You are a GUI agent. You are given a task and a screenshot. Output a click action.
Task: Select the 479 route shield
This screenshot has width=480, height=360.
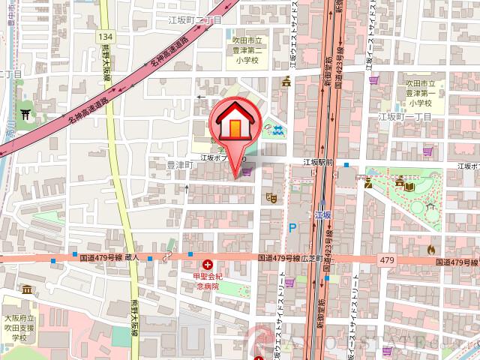386,259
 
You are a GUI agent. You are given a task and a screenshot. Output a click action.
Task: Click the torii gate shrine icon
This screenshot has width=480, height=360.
26,113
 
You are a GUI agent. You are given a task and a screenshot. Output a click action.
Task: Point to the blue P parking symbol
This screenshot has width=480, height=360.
292,226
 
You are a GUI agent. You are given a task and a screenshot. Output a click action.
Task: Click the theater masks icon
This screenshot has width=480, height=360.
270,197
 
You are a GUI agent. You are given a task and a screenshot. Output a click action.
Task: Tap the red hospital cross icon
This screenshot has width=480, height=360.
208,265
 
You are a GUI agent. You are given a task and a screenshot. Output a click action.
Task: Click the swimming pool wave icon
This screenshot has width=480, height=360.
279,130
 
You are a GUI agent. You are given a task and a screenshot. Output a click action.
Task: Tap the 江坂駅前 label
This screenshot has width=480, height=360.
317,162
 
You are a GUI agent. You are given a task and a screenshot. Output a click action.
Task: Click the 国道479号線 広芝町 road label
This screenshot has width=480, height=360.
290,258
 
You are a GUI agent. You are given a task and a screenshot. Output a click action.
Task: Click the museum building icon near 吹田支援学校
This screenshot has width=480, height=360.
27,289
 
